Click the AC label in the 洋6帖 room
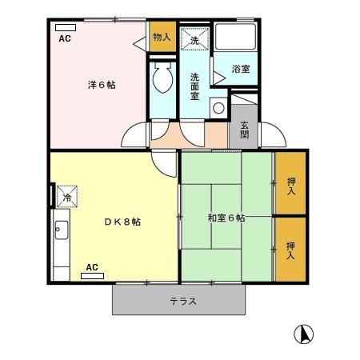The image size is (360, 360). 65,38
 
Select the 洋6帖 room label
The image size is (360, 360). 101,84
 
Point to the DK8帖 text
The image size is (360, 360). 122,222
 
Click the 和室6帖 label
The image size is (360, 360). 226,218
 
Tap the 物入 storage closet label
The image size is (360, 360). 162,37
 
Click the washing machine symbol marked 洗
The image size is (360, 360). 194,38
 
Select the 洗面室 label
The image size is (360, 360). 194,86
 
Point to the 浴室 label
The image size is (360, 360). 241,69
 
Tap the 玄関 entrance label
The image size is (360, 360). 244,130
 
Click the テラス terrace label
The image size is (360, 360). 183,302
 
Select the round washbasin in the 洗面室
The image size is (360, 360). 217,109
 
